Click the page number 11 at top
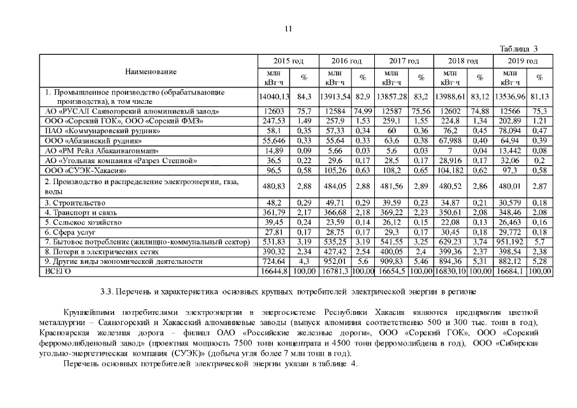[x=288, y=29]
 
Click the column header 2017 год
[x=404, y=61]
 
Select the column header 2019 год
[x=522, y=61]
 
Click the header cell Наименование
[x=150, y=71]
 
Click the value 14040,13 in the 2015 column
[x=274, y=96]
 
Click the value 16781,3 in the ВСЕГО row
[x=333, y=271]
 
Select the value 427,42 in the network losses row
[x=333, y=252]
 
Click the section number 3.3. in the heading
[x=107, y=292]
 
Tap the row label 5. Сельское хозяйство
[x=80, y=222]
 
